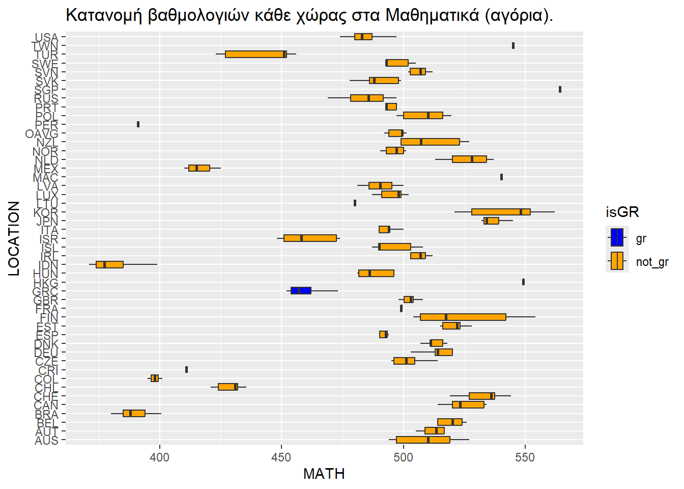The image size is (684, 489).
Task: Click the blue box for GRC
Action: coord(301,290)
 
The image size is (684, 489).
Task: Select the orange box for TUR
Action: coord(256,54)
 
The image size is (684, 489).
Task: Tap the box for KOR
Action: coord(501,211)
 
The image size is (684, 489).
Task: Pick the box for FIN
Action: coord(463,317)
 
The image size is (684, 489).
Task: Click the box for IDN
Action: coord(109,264)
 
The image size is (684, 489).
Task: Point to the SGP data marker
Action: coord(560,89)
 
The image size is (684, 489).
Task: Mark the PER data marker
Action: coord(138,124)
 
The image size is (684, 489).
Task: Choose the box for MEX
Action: coord(199,168)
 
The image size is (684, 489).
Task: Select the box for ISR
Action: coord(310,238)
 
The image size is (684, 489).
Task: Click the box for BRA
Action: coord(134,413)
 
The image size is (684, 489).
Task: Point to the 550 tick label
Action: coord(525,457)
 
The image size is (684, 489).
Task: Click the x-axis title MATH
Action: coord(324,474)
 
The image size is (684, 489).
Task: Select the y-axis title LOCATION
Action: coord(14,238)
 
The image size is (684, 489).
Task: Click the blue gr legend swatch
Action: coord(617,238)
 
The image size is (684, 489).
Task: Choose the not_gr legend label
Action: coord(652,262)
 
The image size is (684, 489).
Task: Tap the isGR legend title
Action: coord(622,212)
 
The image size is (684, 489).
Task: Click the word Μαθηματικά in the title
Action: coord(432,16)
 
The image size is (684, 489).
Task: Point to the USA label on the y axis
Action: coord(46,38)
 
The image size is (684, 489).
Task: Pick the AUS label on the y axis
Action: coord(46,441)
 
